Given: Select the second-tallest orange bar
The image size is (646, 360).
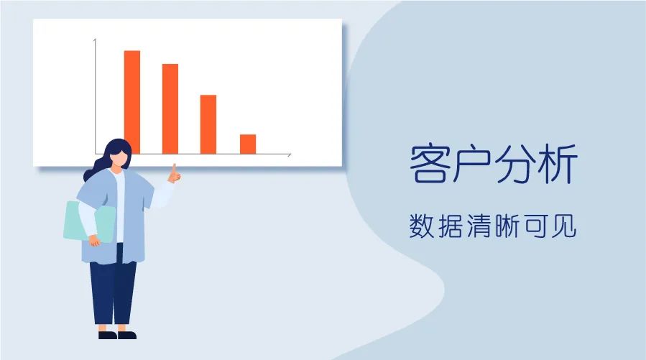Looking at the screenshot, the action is [x=170, y=109].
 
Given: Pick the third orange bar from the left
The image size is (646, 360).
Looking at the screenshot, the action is [x=208, y=124].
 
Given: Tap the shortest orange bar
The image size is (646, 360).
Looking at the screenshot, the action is [x=248, y=144].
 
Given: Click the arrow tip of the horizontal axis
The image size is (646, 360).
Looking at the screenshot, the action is [x=291, y=154].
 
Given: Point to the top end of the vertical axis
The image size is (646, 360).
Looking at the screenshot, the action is [x=95, y=39].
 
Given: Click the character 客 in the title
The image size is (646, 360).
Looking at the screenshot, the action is [x=429, y=164].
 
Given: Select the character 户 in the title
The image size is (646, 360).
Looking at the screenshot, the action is [x=471, y=164].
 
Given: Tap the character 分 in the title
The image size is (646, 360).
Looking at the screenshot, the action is [x=515, y=164].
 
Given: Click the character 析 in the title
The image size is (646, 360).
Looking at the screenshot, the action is [x=557, y=164].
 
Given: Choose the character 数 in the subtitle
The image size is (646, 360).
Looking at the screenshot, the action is [x=422, y=226].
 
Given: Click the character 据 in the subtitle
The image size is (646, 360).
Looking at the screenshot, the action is [x=450, y=226].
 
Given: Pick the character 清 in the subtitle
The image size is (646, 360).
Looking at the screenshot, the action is [x=479, y=226].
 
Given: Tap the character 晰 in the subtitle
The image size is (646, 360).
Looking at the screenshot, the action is [x=507, y=226].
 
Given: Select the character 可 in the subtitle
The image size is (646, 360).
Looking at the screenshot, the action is [x=535, y=226].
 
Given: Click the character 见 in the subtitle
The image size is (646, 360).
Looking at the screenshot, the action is [x=563, y=226].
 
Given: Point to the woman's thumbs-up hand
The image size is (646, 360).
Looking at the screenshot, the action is [x=175, y=174].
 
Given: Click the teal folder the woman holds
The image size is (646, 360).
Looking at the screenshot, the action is [x=90, y=221].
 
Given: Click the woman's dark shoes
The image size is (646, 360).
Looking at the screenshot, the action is [x=117, y=335].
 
